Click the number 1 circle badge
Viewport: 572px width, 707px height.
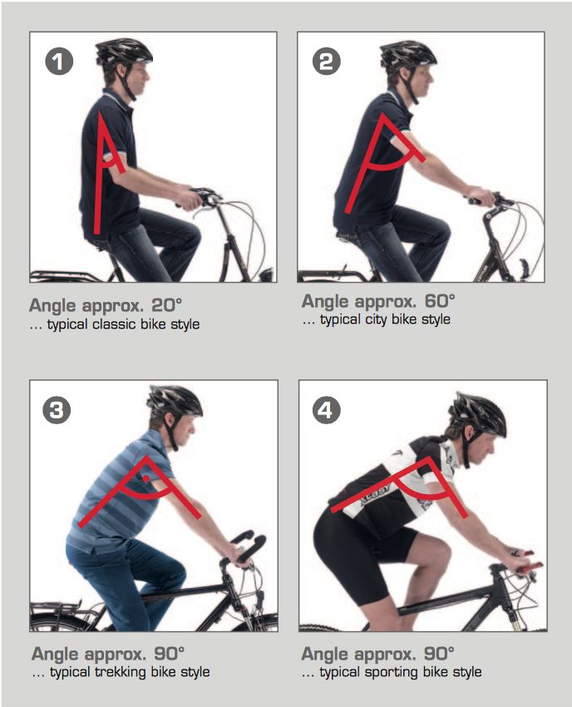[x=59, y=62]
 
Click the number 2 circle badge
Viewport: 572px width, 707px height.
[x=327, y=62]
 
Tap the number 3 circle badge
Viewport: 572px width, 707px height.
[x=57, y=410]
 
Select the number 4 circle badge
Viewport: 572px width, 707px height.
[x=326, y=410]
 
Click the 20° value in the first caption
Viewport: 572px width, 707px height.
[x=166, y=305]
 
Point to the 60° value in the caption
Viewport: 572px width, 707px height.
[x=440, y=301]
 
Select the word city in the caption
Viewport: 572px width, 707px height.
[x=376, y=319]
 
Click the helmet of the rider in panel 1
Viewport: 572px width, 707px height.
[x=124, y=52]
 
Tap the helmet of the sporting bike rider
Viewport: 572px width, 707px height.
[x=479, y=413]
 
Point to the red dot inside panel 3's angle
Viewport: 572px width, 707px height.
[x=146, y=478]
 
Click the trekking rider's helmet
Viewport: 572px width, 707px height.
[x=175, y=400]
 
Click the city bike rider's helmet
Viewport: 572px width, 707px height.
[x=408, y=54]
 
